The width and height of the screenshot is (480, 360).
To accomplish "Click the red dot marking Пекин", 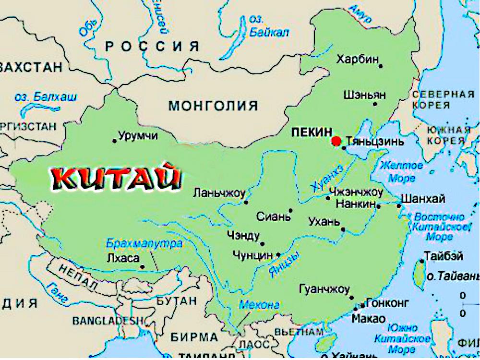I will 336,141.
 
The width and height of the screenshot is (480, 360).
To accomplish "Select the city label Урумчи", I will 138,136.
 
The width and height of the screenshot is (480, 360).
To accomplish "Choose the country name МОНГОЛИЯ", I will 213,106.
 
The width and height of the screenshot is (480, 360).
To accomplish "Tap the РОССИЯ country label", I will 152,47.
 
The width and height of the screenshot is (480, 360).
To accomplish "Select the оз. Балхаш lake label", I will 46,97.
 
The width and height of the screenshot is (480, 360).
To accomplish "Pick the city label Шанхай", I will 422,199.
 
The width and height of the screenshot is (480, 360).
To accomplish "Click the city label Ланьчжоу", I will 219,193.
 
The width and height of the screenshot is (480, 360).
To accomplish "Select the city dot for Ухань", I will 343,229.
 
